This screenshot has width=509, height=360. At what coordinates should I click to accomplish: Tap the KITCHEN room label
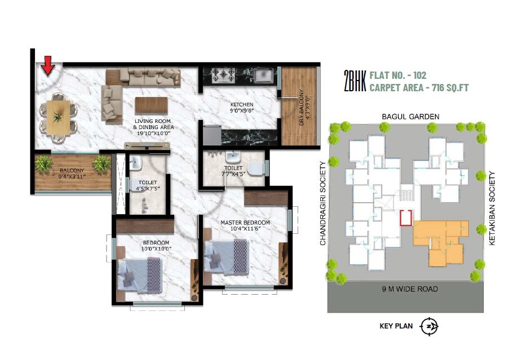tap(241, 105)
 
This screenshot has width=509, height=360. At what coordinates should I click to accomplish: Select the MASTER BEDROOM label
tap(245, 223)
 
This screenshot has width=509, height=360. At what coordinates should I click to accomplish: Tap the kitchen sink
tap(263, 74)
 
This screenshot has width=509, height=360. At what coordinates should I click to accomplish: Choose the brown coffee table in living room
tap(152, 105)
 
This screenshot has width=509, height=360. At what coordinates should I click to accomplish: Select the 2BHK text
tap(355, 81)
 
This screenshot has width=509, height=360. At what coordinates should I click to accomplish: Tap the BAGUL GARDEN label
tap(410, 117)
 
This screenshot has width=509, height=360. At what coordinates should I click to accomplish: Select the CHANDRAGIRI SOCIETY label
tap(323, 203)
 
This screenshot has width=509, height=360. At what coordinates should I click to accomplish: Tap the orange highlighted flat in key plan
tap(441, 239)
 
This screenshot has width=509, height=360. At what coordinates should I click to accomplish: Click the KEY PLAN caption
tap(397, 326)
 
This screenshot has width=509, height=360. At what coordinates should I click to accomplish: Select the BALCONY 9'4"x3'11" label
tap(70, 172)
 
